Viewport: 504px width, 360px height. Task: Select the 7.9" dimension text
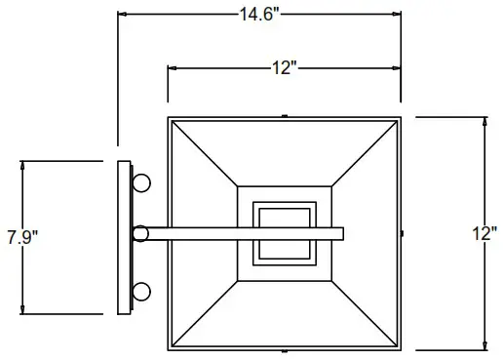pos(22,237)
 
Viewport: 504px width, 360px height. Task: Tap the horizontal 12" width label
pos(284,67)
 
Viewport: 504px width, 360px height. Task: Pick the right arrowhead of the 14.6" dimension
pos(397,14)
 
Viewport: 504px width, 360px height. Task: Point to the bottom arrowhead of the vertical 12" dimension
pos(485,345)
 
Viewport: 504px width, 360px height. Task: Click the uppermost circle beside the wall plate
pos(142,182)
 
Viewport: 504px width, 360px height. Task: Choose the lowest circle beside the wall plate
pos(142,290)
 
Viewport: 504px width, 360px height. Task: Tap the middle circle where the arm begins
pos(140,234)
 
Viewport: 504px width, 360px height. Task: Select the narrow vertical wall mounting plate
pos(123,237)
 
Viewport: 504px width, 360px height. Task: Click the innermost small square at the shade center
pos(284,233)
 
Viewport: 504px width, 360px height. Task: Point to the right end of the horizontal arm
pos(341,234)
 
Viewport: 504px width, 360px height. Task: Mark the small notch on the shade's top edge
pos(284,116)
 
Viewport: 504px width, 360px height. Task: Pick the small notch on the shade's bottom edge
pos(284,350)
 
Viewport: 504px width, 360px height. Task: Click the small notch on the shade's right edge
pos(403,234)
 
